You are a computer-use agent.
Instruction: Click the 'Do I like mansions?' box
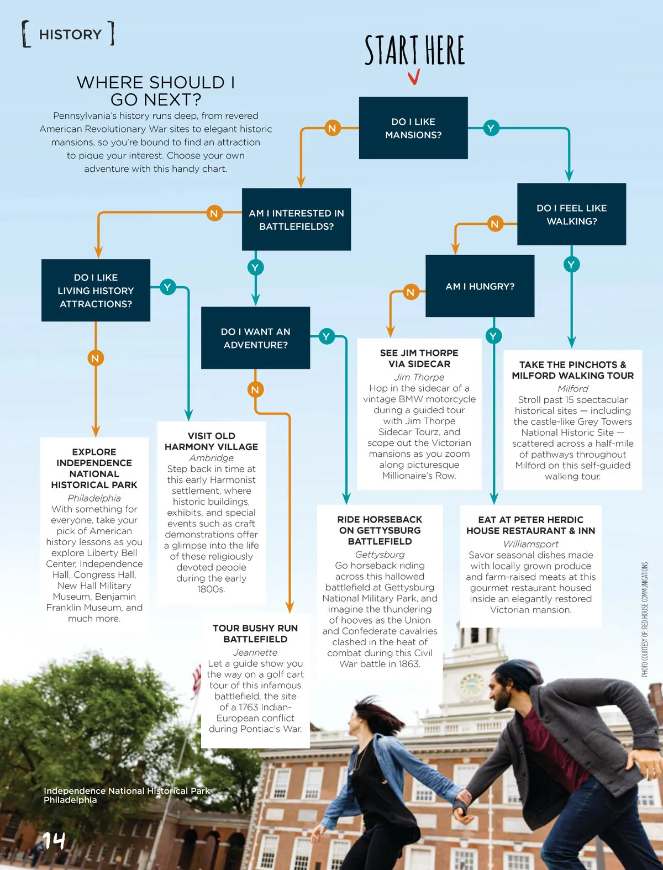coord(413,128)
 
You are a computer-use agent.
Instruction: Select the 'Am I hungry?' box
coord(480,286)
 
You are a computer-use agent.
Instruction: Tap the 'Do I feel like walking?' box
coord(571,214)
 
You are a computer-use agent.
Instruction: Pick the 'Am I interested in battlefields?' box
coord(296,219)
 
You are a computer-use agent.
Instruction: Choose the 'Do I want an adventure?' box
coord(255,338)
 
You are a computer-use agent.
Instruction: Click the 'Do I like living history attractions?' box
coord(96,291)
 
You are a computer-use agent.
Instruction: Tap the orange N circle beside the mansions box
coord(332,128)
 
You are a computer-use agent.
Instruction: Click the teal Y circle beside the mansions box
coord(491,128)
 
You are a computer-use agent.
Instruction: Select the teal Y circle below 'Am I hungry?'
coord(493,335)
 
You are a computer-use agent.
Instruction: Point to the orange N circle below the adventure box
coord(255,389)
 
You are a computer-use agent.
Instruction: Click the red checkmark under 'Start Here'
coord(414,77)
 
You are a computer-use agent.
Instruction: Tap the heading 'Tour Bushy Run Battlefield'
coord(255,634)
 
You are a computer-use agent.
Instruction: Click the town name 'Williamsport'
coord(530,544)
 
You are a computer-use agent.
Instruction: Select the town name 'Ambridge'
coord(211,458)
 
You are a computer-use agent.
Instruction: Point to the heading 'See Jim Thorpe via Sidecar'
coord(419,358)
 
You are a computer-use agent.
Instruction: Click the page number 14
coord(54,840)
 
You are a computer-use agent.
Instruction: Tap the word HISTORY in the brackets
coord(71,35)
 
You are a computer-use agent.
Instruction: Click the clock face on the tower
coord(472,683)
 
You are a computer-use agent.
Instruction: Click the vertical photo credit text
coord(645,619)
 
